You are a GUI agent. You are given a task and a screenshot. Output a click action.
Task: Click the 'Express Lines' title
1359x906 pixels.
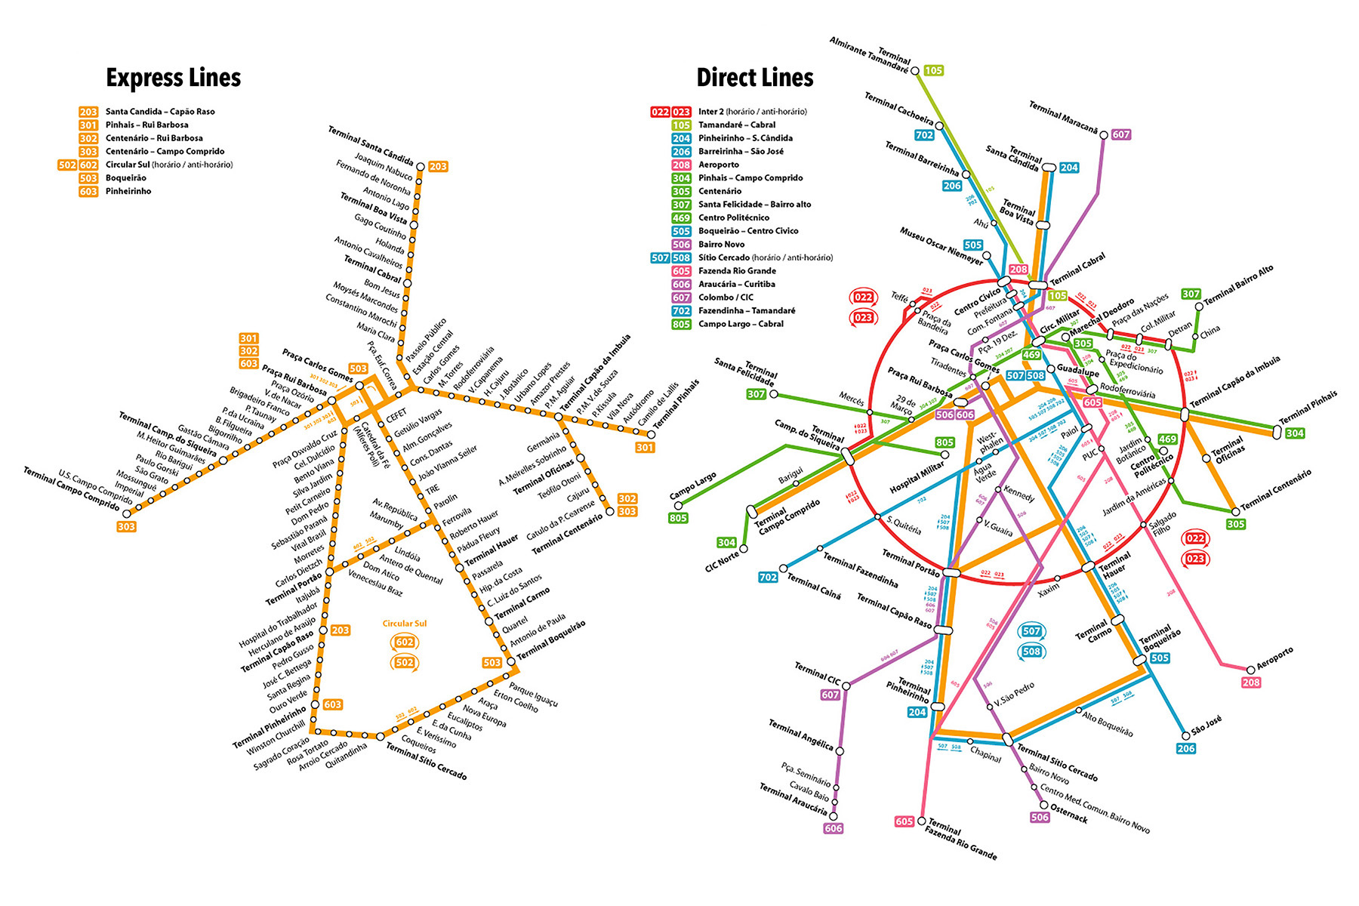173,78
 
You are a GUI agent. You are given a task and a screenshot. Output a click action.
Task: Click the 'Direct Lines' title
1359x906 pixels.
754,78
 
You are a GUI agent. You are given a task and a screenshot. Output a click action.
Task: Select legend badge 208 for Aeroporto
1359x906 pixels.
681,165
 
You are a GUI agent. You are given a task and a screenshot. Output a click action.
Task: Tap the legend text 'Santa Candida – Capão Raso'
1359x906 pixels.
160,112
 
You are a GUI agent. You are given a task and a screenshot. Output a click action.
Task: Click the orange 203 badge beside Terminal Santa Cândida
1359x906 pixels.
438,166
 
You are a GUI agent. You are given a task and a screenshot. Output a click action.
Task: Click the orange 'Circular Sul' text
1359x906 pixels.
404,624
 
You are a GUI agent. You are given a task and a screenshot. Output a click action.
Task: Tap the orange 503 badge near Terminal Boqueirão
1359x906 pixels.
492,662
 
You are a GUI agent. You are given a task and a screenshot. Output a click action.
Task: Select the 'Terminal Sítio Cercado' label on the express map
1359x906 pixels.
426,761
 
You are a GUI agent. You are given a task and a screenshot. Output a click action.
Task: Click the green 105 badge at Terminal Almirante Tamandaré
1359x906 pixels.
934,70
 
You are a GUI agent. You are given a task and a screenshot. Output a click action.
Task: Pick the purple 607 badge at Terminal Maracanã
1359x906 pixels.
1121,134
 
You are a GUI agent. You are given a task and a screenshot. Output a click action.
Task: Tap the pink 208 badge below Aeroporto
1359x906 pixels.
1251,683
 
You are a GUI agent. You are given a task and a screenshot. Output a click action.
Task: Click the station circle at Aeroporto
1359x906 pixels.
1251,669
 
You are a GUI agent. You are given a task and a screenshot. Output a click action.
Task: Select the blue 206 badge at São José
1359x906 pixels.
1185,748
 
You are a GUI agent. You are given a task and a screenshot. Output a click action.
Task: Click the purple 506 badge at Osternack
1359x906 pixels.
1040,817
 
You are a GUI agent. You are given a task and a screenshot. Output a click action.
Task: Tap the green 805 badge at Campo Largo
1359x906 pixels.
678,518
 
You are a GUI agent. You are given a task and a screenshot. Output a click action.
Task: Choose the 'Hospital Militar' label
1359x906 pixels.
917,477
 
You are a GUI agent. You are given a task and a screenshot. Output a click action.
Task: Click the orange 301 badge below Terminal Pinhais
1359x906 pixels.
644,448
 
